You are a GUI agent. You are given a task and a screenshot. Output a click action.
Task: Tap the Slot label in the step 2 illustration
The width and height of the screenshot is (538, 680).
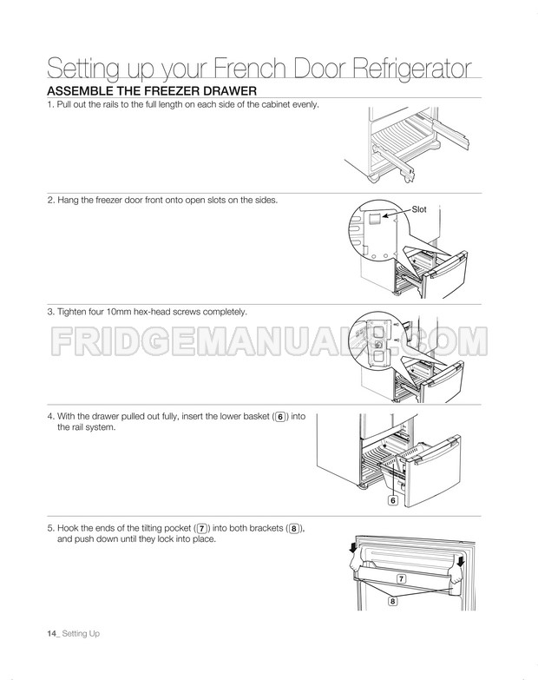coord(419,209)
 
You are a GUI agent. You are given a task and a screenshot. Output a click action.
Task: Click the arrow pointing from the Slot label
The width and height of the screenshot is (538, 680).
coord(396,213)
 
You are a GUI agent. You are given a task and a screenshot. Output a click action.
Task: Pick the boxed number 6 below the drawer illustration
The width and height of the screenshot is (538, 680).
coord(393,500)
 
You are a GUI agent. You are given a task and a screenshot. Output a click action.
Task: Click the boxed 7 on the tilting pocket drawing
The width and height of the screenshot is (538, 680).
coord(402,578)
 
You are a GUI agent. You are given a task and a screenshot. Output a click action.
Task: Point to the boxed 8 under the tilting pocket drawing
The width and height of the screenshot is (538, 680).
coord(392,601)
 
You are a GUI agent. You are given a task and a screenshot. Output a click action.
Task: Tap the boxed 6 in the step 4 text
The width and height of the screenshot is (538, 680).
coord(280,417)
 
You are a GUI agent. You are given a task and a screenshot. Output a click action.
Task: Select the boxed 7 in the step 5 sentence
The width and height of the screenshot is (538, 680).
coord(202,529)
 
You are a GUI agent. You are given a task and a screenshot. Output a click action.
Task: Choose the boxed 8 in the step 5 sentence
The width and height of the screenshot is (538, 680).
coord(294,529)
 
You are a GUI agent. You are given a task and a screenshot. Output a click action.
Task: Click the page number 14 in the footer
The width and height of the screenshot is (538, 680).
coord(51,633)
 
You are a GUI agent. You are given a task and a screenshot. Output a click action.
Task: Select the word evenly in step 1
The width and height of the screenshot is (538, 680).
coord(305,105)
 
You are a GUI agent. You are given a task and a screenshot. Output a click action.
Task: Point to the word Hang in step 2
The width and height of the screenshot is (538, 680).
coord(67,200)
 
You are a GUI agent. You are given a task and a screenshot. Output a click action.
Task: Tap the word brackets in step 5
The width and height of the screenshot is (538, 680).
coord(266,528)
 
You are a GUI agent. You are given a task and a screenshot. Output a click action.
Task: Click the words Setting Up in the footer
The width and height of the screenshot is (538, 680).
coord(81,634)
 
